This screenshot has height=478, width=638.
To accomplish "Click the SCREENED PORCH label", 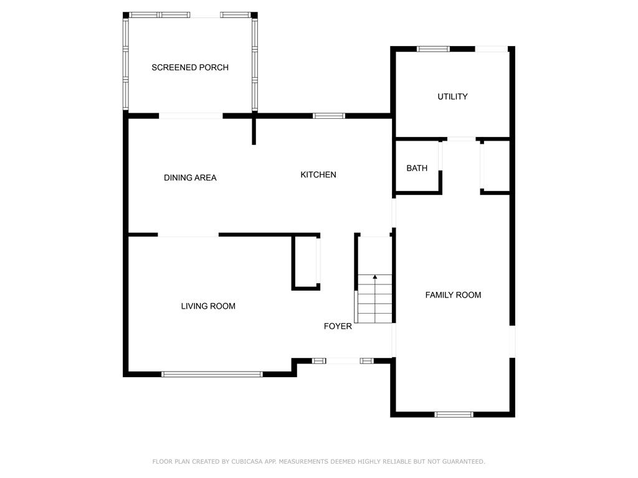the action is click(x=190, y=67).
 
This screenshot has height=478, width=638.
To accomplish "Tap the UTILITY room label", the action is click(x=452, y=96).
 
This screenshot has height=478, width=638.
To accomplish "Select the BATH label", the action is click(x=417, y=168).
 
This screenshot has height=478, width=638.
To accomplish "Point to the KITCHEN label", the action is click(x=318, y=175).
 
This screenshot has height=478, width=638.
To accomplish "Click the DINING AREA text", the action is click(x=190, y=177).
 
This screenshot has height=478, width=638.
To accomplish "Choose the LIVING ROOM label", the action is click(x=208, y=306).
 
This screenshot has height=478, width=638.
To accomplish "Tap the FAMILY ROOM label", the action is click(x=453, y=295).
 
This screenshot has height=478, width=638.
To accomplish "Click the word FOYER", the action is click(x=338, y=326).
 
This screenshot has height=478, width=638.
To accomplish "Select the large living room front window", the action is click(x=212, y=374).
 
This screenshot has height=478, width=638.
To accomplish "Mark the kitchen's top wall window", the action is click(x=329, y=116).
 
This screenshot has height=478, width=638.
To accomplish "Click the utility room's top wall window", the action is click(x=434, y=49).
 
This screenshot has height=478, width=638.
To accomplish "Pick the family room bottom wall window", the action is click(x=454, y=415).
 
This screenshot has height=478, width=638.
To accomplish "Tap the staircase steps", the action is click(x=374, y=299).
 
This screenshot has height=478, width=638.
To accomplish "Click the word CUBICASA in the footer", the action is click(x=247, y=461).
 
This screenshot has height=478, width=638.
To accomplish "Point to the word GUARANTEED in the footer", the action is click(x=464, y=461).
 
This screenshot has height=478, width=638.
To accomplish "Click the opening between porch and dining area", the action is click(x=191, y=116).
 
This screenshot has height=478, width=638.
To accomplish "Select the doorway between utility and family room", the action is click(x=462, y=139).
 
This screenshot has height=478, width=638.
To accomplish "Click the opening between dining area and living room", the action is click(x=188, y=235).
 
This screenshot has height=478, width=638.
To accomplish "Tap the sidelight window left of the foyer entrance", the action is click(x=319, y=361).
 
